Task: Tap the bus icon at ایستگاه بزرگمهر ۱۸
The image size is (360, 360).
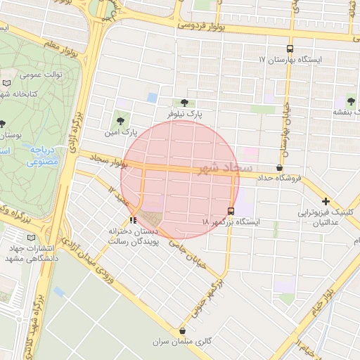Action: (x=231, y=211)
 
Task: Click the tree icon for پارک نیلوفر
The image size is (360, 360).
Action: (x=184, y=102)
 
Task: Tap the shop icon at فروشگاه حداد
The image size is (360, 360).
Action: (x=280, y=167)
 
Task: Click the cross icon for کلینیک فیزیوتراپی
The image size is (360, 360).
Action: (x=326, y=201)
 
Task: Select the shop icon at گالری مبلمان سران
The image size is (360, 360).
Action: (x=183, y=330)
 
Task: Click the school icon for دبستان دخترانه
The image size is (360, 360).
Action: (x=134, y=220)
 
